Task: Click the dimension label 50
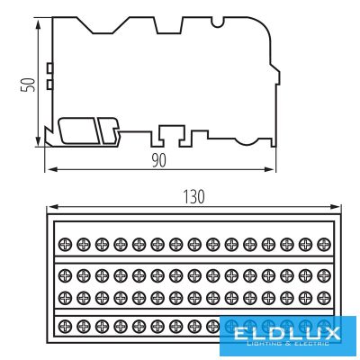pos(28,85)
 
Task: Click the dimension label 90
pos(158,161)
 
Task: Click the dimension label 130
pos(193,197)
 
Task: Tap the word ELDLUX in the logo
pos(287,333)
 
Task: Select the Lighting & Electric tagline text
pos(287,344)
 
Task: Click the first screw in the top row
pos(65,244)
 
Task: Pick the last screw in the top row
pos(324,244)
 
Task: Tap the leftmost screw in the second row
pos(65,275)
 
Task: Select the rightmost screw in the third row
pos(324,298)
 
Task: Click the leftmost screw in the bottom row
pos(65,326)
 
